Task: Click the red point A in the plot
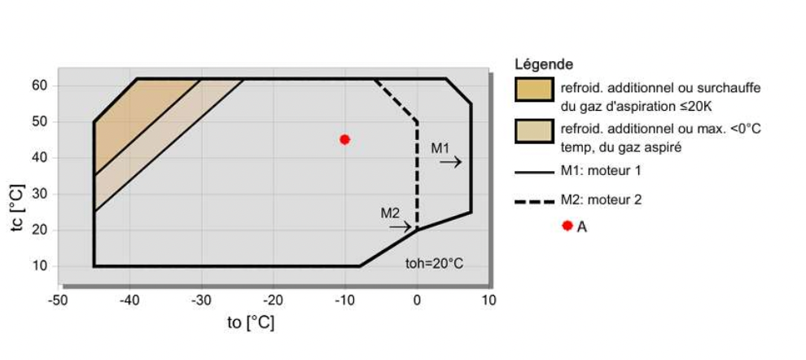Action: [345, 139]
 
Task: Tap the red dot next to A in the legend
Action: [567, 226]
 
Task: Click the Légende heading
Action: [544, 64]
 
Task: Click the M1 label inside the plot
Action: [440, 148]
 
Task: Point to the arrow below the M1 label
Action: [450, 162]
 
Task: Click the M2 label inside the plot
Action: [390, 213]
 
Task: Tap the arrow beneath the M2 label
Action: [400, 226]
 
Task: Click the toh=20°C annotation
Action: [435, 263]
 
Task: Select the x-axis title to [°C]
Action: [251, 323]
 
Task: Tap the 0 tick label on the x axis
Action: [417, 300]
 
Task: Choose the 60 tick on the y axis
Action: [41, 86]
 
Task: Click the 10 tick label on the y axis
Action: [41, 266]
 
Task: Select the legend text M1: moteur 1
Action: [601, 171]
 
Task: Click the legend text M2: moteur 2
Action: [601, 200]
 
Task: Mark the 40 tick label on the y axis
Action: [41, 158]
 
